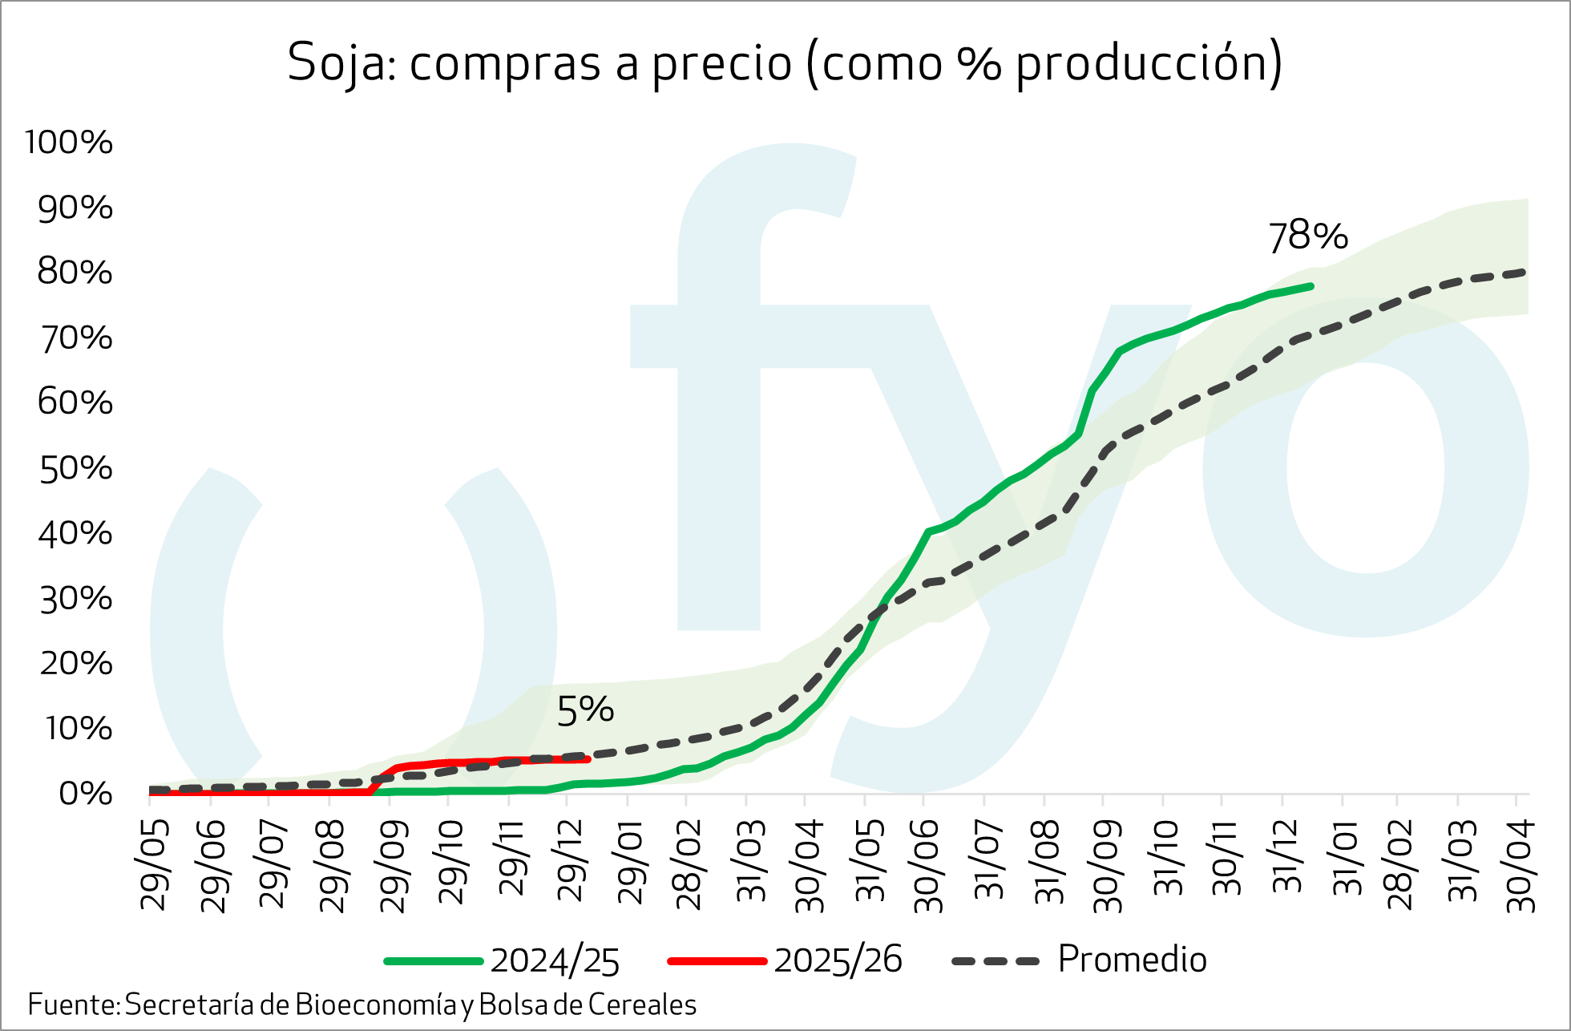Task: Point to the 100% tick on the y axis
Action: coord(69,143)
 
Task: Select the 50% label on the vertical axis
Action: coord(75,468)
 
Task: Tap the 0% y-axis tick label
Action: coord(85,794)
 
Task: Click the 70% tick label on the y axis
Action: coord(75,338)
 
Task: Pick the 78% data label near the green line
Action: coord(1308,237)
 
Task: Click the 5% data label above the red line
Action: coord(585,710)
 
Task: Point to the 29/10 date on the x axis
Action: coord(451,862)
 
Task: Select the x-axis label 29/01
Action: coord(632,862)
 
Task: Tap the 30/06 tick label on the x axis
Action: coord(928,866)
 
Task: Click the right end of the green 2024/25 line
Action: coord(1311,285)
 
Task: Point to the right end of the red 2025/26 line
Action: coord(588,758)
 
